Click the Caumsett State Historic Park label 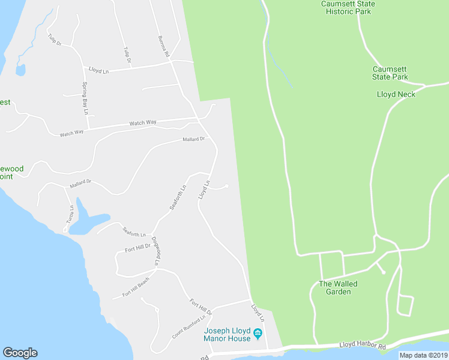[x=348, y=8]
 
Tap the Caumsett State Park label [x=390, y=73]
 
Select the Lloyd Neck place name [x=396, y=94]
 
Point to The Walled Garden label [x=338, y=287]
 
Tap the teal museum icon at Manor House [x=258, y=334]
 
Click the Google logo [x=20, y=353]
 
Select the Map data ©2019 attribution [x=423, y=355]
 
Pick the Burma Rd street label [x=162, y=46]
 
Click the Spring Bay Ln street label [x=85, y=98]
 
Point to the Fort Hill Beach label [x=136, y=289]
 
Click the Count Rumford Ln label [x=189, y=328]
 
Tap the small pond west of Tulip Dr [x=20, y=70]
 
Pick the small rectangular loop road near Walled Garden [x=405, y=305]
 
